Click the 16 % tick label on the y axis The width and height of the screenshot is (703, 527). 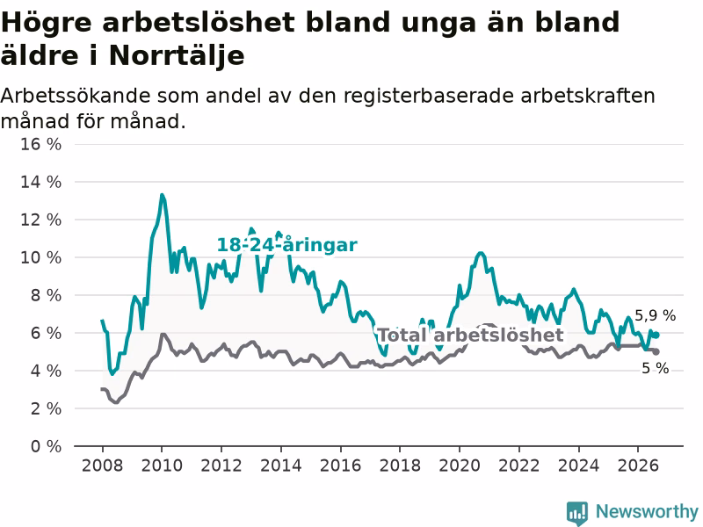40,144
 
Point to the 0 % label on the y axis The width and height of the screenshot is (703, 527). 46,446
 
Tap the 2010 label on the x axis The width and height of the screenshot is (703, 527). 162,466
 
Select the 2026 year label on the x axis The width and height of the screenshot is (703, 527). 638,466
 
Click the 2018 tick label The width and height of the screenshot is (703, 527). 400,466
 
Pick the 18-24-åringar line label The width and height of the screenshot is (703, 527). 287,245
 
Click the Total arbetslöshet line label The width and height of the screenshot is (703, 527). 470,336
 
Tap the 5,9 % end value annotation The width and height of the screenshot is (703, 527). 655,315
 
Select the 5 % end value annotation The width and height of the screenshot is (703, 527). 655,368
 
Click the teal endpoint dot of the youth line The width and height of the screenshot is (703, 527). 656,335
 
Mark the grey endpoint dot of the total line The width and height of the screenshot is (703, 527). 656,352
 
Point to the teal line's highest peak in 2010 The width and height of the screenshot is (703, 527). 162,195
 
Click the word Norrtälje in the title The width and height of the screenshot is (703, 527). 177,56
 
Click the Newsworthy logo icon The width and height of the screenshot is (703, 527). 577,513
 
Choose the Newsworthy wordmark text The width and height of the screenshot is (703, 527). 647,511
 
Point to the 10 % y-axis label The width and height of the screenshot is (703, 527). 40,257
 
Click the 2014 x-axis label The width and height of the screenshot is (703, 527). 281,466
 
